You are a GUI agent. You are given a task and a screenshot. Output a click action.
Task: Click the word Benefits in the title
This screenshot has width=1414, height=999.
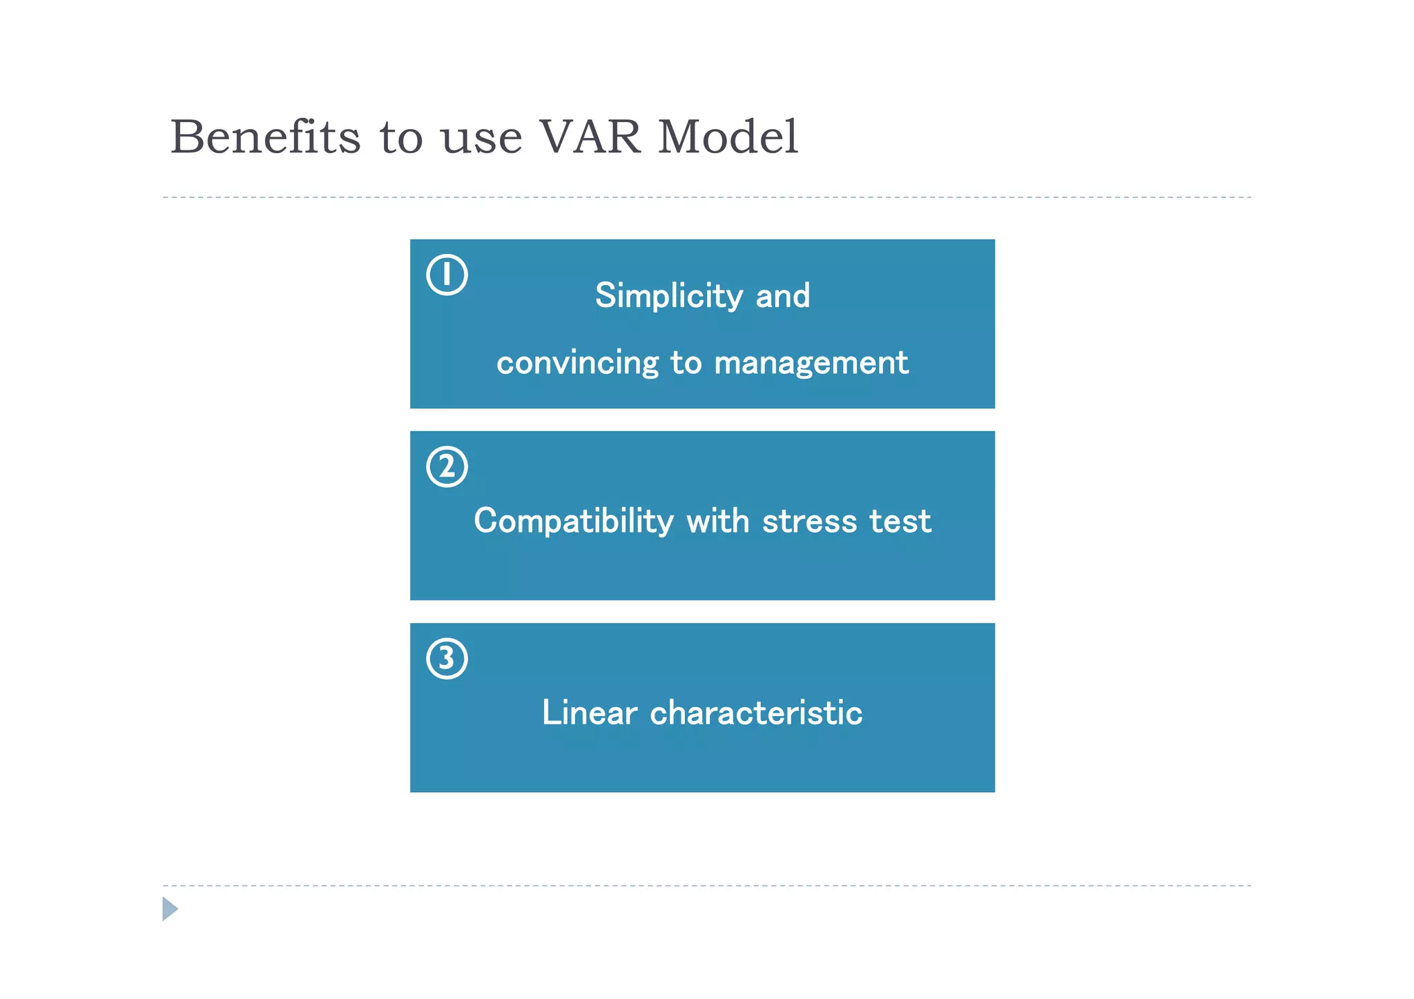(x=265, y=137)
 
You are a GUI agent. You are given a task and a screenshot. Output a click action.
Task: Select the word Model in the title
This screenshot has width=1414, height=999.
(x=728, y=137)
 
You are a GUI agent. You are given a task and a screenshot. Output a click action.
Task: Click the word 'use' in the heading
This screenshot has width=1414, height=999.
(x=481, y=138)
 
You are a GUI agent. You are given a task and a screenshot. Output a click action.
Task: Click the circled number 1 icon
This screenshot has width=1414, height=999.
(x=447, y=275)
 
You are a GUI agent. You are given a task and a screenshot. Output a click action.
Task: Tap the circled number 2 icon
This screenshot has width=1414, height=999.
(x=447, y=466)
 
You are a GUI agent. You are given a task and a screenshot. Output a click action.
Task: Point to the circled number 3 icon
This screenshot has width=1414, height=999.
(x=447, y=658)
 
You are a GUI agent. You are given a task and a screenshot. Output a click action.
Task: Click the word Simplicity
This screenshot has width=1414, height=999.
(x=668, y=296)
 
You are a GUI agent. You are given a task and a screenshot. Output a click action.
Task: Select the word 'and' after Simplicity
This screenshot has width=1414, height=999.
(x=782, y=296)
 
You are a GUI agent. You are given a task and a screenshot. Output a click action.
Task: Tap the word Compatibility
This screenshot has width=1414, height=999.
(x=573, y=521)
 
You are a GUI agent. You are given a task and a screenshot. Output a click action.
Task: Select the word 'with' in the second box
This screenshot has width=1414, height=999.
(x=717, y=521)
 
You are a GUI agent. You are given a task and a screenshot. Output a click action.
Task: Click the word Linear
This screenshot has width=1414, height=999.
(x=589, y=713)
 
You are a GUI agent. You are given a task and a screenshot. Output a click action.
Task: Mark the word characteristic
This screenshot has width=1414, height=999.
(x=756, y=713)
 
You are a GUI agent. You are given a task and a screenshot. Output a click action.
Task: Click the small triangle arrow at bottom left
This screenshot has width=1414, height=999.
(x=170, y=909)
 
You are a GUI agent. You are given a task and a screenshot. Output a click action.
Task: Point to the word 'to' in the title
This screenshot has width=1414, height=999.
(x=400, y=138)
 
